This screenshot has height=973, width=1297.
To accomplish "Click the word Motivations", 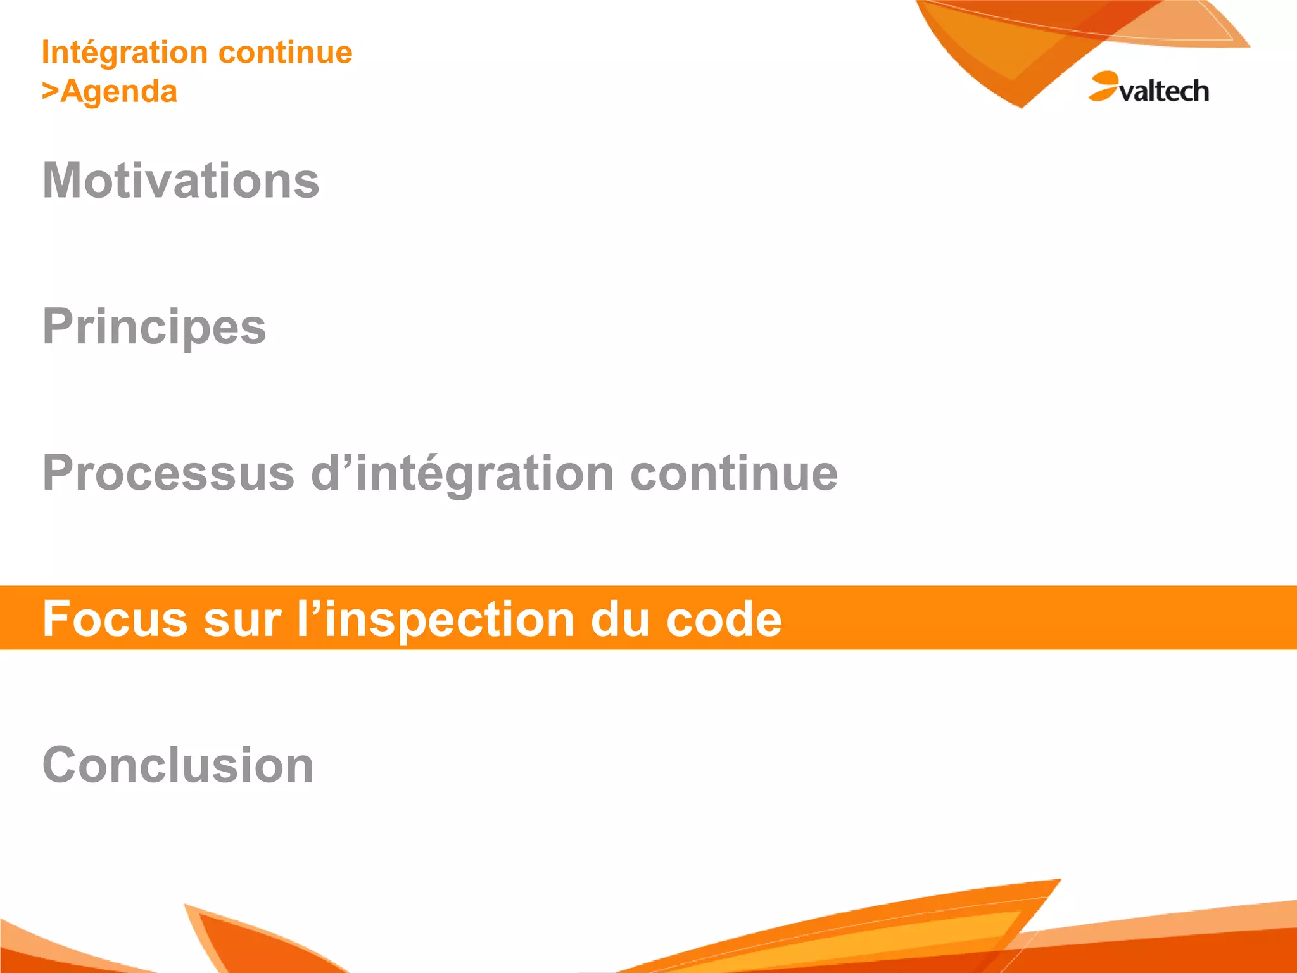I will click(x=180, y=181).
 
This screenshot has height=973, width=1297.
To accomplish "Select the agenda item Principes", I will click(x=154, y=327).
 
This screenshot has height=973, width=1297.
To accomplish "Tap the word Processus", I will click(x=168, y=473).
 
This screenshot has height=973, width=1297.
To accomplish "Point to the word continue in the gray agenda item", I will click(x=734, y=473).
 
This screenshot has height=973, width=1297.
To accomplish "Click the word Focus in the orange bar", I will click(x=115, y=619).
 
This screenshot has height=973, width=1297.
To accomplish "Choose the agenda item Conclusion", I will click(x=178, y=765).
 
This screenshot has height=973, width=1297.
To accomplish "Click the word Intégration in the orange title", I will click(x=124, y=53).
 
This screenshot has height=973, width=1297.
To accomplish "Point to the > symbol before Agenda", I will click(x=50, y=91).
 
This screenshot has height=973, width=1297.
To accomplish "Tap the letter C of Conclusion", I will click(x=61, y=765).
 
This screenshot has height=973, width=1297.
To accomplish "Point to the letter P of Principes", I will click(x=58, y=327).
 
